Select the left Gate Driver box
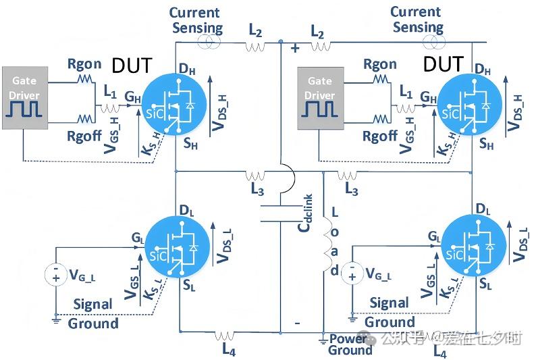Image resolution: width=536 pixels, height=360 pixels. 24,97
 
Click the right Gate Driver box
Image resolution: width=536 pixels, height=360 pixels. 319,97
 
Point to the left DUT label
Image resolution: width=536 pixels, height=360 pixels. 132,66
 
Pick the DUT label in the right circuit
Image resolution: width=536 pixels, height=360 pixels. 443,65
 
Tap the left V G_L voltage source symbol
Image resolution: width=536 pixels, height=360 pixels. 55,274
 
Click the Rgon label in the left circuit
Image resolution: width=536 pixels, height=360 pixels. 84,64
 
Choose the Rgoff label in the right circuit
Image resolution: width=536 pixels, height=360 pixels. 379,136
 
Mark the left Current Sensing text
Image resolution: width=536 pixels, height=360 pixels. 195,20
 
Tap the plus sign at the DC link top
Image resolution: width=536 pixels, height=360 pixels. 294,49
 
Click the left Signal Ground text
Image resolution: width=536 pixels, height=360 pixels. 93,313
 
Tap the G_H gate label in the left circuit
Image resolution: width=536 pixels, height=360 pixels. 132,98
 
